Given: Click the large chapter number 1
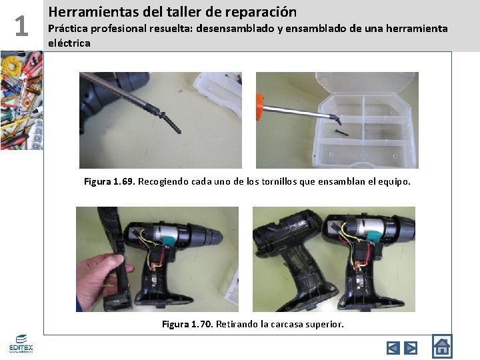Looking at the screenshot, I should point(21,26).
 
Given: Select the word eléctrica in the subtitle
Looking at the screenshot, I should point(69,43).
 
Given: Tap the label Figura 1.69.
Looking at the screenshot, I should point(109,181).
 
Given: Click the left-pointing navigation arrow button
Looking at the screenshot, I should point(393,347).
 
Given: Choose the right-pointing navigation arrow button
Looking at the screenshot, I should point(411,347).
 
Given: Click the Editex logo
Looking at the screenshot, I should point(21,344).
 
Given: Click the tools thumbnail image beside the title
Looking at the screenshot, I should point(21,100).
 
